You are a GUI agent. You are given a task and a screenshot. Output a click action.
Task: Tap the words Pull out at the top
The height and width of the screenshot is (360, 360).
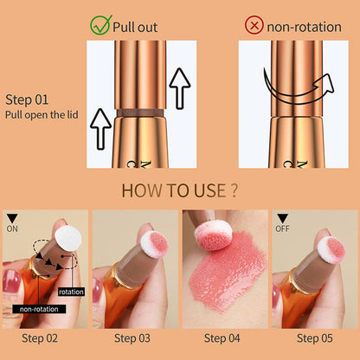tap(136, 26)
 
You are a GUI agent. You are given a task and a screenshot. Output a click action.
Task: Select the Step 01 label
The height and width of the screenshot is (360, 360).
tap(28, 99)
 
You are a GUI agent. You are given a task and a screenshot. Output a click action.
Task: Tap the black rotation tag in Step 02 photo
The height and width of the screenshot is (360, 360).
tap(72, 292)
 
